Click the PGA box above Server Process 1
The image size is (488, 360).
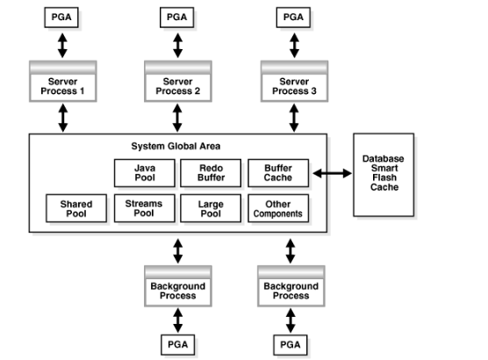point(62,17)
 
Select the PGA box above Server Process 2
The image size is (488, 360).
point(178,17)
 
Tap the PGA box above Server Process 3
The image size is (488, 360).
point(294,17)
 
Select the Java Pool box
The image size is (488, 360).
point(145,173)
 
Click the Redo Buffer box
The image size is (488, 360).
point(212,173)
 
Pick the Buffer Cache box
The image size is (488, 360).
point(278,173)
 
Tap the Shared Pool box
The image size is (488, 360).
point(76,208)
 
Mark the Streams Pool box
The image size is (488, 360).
point(145,208)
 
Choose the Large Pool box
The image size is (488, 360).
point(212,208)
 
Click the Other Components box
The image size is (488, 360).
point(278,208)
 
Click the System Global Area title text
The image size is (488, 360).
point(176,145)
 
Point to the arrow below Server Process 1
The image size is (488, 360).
point(62,118)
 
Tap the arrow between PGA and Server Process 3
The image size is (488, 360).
point(294,44)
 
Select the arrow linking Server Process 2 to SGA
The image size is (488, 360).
point(178,118)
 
